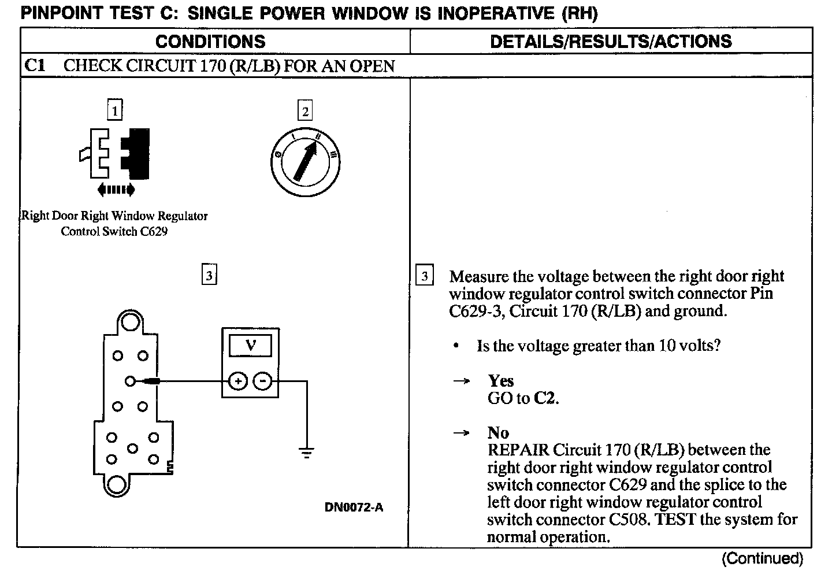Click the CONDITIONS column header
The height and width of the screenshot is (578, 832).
pos(210,42)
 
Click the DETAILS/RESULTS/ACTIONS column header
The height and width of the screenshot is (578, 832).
pos(611,42)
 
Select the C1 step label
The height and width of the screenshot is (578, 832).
pos(35,65)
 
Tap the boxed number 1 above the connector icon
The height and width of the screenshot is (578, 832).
pos(116,110)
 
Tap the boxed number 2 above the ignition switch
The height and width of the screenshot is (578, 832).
pos(305,110)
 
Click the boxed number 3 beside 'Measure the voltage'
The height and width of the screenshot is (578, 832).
pos(425,276)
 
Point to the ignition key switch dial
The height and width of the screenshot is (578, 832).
pos(304,161)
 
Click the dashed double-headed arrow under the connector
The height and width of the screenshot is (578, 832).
pos(116,189)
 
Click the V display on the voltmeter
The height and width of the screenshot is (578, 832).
pos(250,346)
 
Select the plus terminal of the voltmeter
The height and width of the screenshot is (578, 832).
pos(237,381)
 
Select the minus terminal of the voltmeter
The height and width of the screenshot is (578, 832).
pos(263,381)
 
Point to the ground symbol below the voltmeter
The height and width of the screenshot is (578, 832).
pos(307,452)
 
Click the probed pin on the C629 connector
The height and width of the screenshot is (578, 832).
pos(130,381)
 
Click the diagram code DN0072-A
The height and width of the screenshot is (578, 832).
pos(354,507)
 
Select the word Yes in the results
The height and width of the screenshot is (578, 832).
pos(500,381)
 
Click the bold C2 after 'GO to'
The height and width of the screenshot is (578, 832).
pos(545,398)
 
